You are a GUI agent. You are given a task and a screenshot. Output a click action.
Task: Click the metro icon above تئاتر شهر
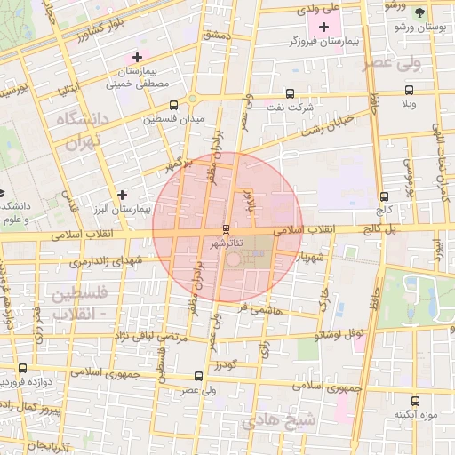pyautogui.click(x=225, y=229)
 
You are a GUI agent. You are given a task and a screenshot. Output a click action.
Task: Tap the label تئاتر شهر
pyautogui.click(x=225, y=242)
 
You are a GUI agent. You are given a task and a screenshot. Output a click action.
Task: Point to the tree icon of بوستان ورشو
pyautogui.click(x=420, y=12)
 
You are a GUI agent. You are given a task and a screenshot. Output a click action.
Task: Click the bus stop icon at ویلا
pyautogui.click(x=409, y=90)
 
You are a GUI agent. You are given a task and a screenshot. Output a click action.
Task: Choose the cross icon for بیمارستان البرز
pyautogui.click(x=122, y=195)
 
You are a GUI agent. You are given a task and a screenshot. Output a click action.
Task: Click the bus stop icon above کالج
pyautogui.click(x=384, y=197)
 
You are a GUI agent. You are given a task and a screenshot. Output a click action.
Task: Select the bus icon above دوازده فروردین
pyautogui.click(x=22, y=368)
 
